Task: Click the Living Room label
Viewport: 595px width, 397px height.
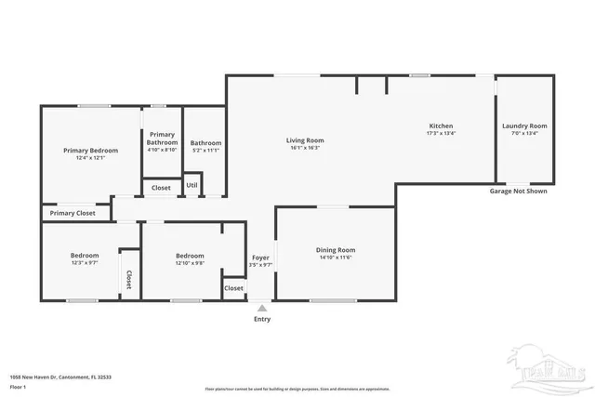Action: [304, 140]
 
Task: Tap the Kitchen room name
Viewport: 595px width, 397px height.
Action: [440, 126]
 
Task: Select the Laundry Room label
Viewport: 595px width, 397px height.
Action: [524, 126]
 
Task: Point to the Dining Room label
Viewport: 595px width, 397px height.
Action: [336, 249]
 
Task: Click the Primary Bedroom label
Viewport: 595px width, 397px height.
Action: [90, 151]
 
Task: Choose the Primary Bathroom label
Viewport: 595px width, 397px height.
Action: [162, 138]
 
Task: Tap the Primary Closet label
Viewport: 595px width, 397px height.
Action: [73, 213]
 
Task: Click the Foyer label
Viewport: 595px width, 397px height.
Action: [261, 257]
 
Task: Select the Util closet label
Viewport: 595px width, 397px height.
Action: [192, 185]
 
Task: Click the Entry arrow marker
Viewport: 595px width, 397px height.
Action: [262, 307]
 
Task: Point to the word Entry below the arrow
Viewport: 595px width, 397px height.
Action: [262, 319]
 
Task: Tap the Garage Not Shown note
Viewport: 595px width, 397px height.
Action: [518, 191]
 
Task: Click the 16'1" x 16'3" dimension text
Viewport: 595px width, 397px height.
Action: [304, 148]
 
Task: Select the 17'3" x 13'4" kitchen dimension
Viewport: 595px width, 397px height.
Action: [440, 133]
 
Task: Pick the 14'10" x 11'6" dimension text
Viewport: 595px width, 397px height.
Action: [336, 257]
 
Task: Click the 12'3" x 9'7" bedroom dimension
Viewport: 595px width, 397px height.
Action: [84, 263]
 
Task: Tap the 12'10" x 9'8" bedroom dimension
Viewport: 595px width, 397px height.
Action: [190, 263]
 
